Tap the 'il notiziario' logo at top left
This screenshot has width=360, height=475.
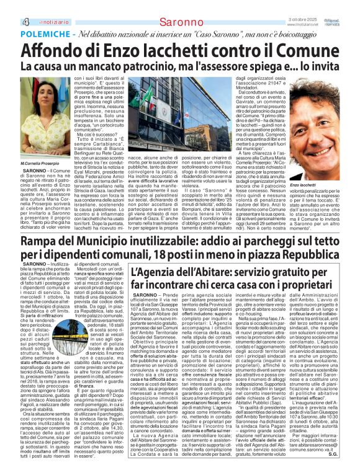26,6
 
